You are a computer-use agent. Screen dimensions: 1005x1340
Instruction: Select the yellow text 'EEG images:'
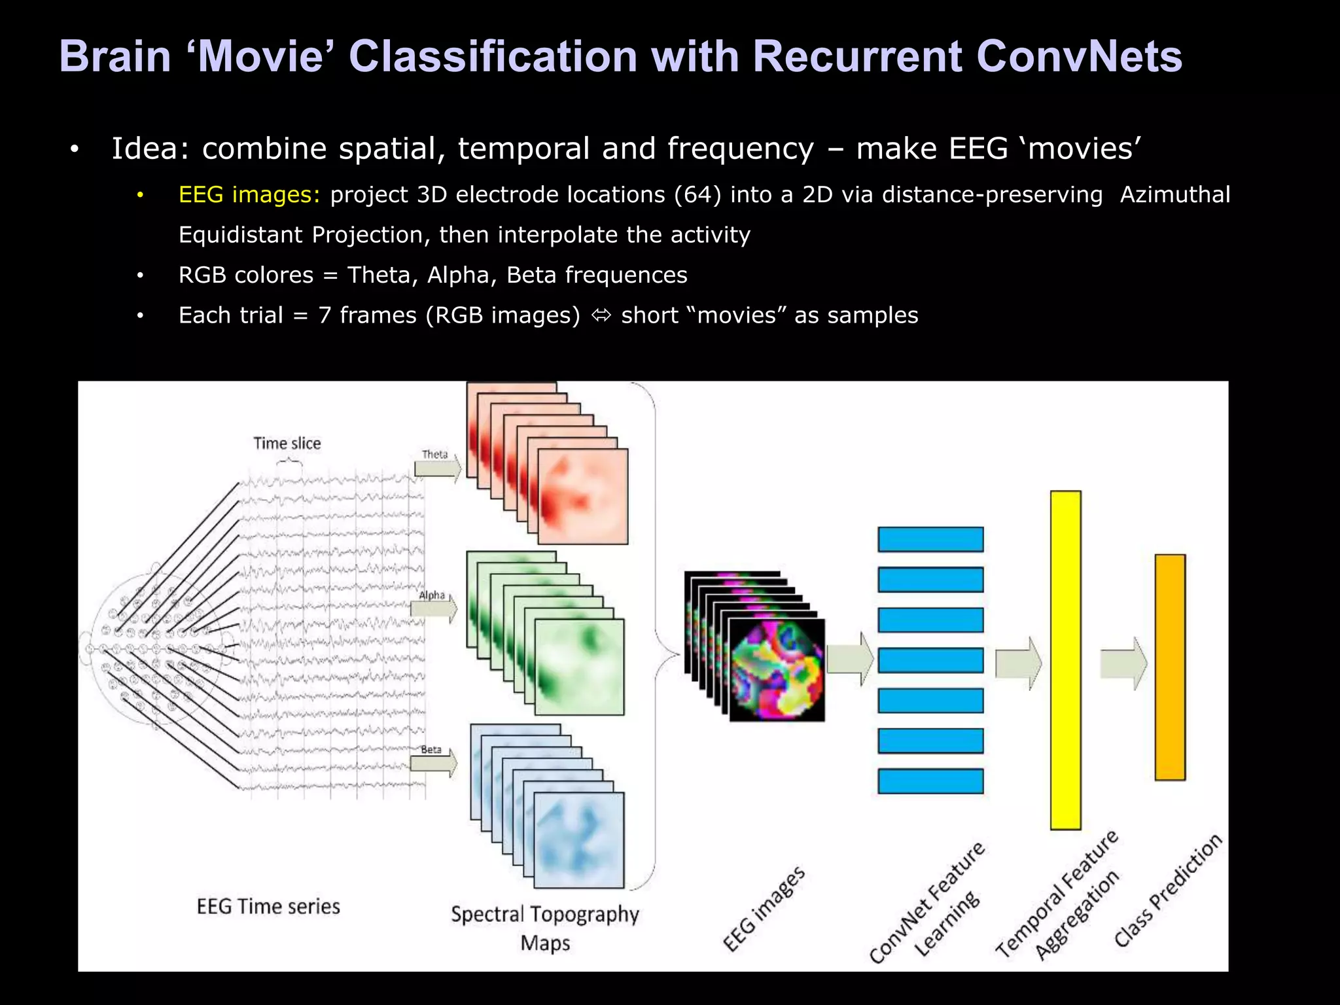pyautogui.click(x=249, y=195)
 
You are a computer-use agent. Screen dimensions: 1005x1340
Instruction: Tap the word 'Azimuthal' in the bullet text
pyautogui.click(x=1174, y=195)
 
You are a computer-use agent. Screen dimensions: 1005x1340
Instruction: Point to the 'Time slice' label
pyautogui.click(x=287, y=444)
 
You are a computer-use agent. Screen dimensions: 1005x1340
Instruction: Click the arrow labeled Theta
pyautogui.click(x=437, y=469)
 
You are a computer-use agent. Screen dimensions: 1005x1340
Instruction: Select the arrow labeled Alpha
pyautogui.click(x=433, y=609)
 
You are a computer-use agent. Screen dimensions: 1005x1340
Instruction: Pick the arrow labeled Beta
pyautogui.click(x=433, y=763)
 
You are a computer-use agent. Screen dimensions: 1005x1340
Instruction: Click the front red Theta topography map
pyautogui.click(x=582, y=496)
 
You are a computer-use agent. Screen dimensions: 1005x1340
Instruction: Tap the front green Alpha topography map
pyautogui.click(x=579, y=667)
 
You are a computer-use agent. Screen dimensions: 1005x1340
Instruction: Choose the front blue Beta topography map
pyautogui.click(x=579, y=839)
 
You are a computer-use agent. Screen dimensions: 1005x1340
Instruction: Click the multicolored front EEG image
pyautogui.click(x=777, y=670)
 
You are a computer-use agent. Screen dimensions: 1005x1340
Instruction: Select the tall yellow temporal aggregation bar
pyautogui.click(x=1065, y=660)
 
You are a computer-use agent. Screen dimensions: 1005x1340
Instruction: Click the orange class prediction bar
pyautogui.click(x=1170, y=667)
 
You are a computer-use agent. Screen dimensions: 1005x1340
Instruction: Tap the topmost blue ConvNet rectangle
pyautogui.click(x=930, y=540)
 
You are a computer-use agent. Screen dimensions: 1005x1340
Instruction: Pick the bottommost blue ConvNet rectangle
pyautogui.click(x=930, y=781)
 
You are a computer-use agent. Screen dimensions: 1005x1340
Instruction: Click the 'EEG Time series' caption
pyautogui.click(x=268, y=907)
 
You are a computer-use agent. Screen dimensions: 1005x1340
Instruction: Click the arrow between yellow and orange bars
pyautogui.click(x=1123, y=663)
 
